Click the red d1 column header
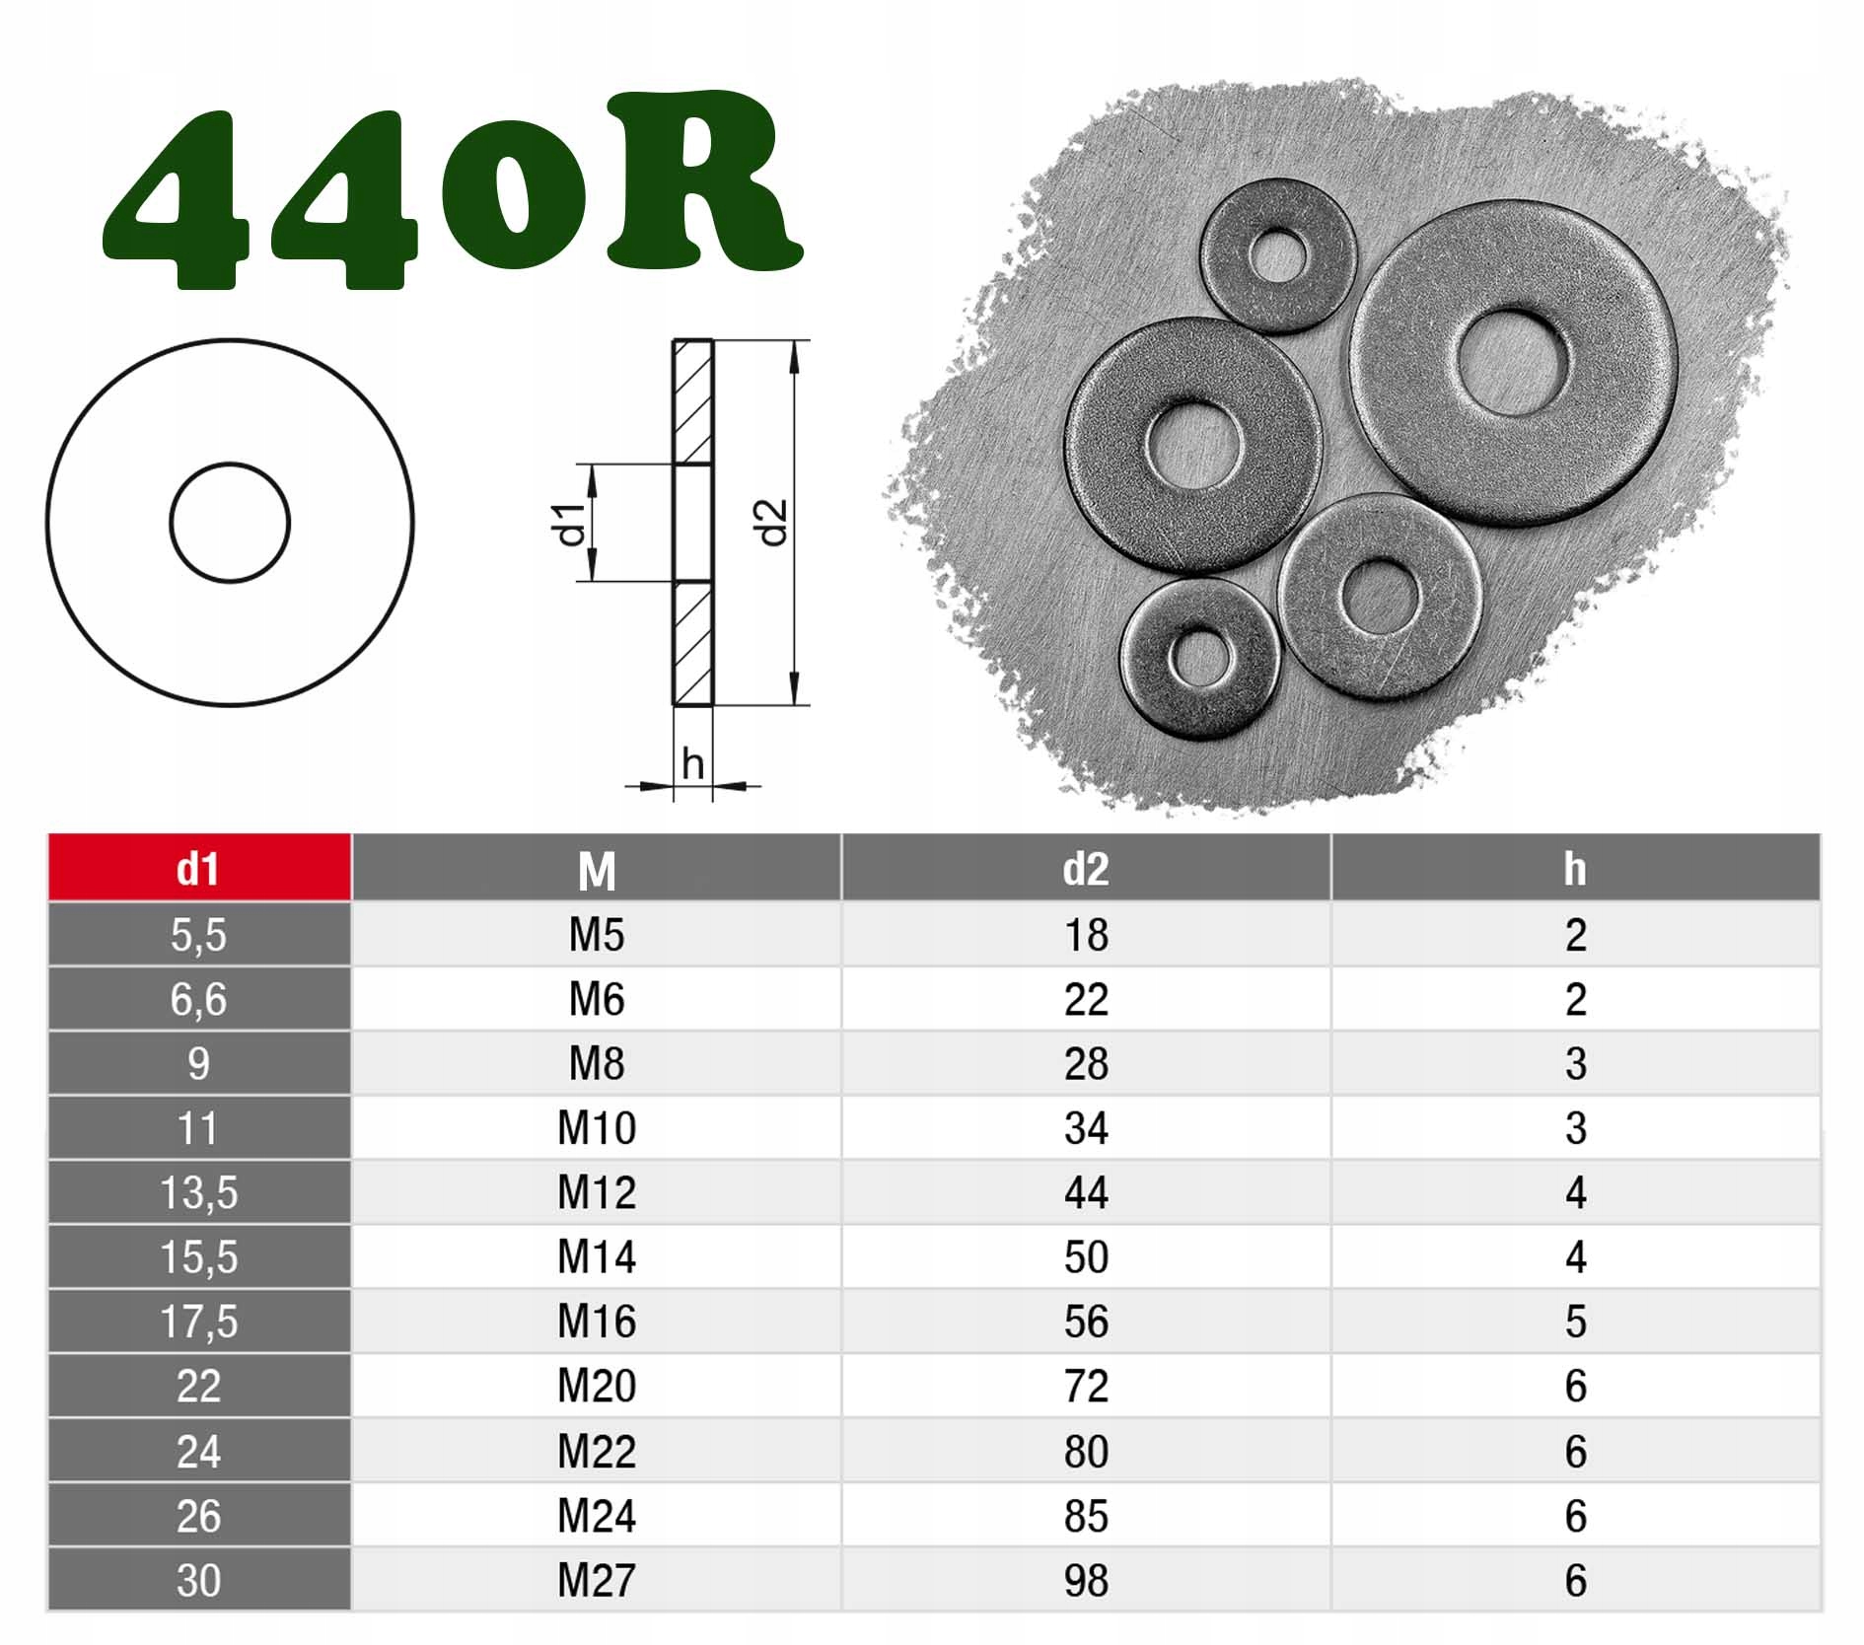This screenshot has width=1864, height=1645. pos(198,868)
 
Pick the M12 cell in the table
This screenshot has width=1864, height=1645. pos(597,1192)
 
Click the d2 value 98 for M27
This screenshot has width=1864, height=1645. pos(1086,1580)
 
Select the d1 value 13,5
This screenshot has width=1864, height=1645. pos(198,1193)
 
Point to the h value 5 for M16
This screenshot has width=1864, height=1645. pos(1575,1322)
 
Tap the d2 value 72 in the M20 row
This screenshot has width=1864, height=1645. pos(1086,1386)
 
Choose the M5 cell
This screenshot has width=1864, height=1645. pos(597,934)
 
